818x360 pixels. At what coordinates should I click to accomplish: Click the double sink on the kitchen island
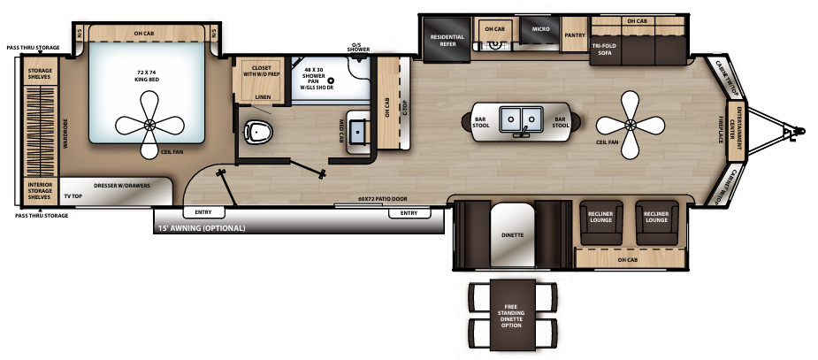520,119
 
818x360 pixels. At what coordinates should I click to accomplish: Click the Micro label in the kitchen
540,29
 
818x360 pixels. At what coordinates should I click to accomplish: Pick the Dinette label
512,235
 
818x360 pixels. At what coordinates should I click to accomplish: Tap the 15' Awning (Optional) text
202,228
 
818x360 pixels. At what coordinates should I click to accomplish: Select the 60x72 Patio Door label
385,199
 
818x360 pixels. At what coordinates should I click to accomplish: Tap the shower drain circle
331,80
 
